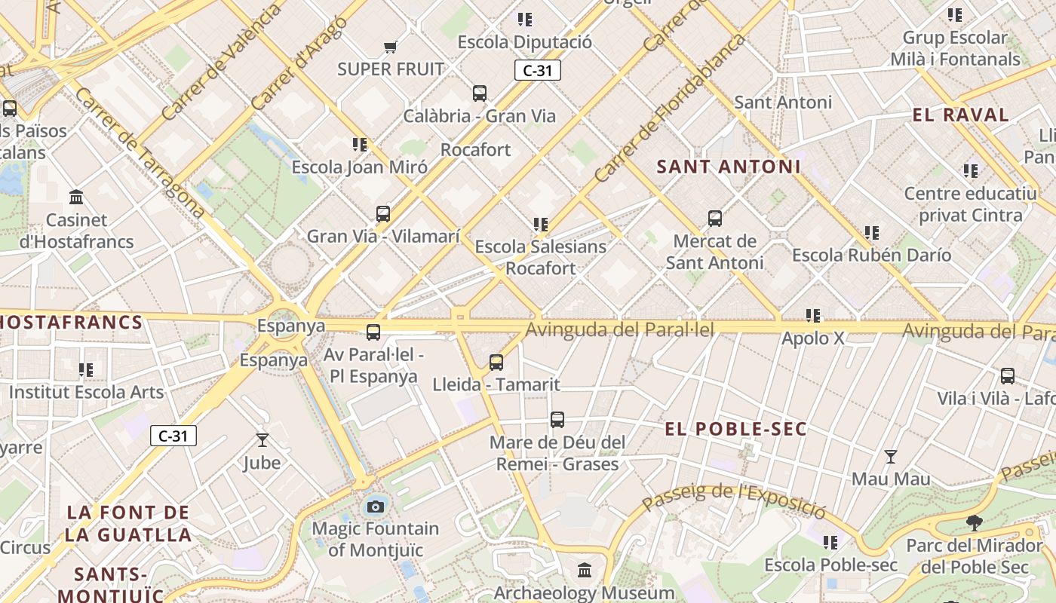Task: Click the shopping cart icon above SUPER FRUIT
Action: (x=390, y=47)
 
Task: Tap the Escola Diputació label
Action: (x=525, y=42)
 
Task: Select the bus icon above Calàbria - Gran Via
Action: (x=480, y=93)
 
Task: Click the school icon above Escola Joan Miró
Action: (x=360, y=144)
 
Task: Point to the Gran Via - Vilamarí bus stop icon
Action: (x=383, y=214)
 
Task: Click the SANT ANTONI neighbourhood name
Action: (x=728, y=167)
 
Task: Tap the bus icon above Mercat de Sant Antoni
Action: (x=715, y=219)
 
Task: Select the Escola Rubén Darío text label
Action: (x=871, y=256)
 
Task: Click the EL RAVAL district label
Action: (x=960, y=115)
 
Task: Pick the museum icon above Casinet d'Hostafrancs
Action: (x=76, y=197)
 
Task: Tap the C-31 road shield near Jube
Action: (x=173, y=436)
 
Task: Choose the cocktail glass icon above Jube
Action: (x=262, y=440)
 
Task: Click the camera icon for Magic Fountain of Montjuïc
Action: (x=375, y=507)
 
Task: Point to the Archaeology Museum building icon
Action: (x=585, y=571)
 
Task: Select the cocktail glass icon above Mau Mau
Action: (x=891, y=457)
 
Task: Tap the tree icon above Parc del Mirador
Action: (x=975, y=523)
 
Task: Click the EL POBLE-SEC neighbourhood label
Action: (x=735, y=430)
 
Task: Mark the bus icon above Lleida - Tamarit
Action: (x=496, y=363)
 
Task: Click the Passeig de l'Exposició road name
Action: (x=734, y=500)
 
